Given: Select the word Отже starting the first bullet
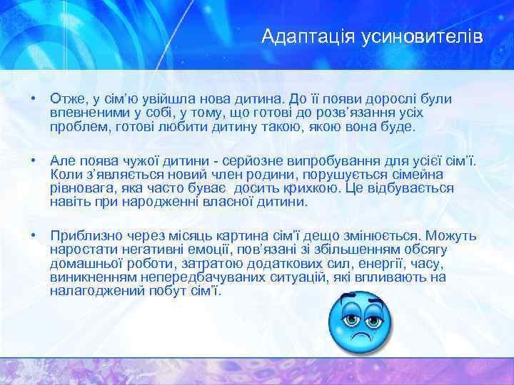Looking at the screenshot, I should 66,98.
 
